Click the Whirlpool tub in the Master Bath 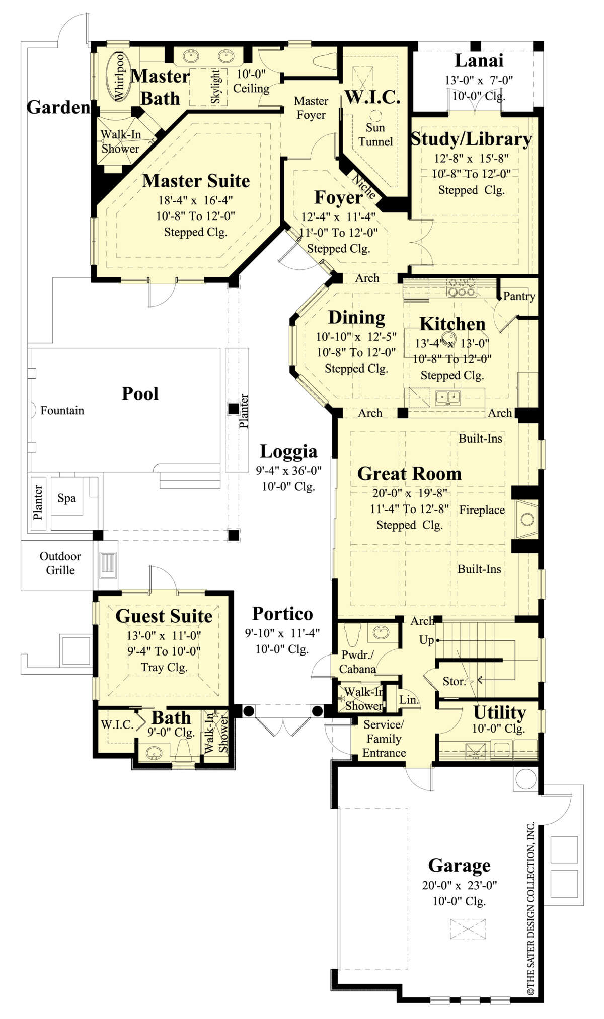click(119, 76)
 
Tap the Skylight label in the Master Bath click(215, 87)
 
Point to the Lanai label click(479, 60)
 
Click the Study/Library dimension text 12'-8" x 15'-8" click(471, 158)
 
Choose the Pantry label click(519, 296)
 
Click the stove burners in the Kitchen click(462, 287)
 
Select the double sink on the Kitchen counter click(447, 397)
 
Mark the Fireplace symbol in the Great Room click(526, 519)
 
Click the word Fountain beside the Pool click(62, 410)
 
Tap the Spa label click(66, 498)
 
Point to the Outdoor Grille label click(60, 563)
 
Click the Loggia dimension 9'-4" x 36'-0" click(288, 471)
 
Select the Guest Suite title click(164, 616)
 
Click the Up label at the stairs click(426, 640)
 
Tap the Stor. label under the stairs click(454, 681)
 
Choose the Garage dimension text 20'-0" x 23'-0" click(460, 885)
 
